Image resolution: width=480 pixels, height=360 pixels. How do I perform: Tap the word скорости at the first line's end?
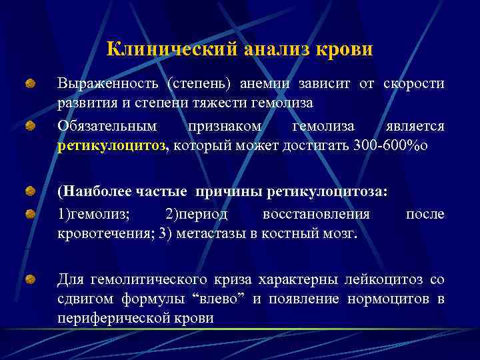[x=414, y=84]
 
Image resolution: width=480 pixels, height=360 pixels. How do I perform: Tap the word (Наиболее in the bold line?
[x=89, y=193]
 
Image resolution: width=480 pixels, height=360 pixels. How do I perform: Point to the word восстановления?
[x=316, y=213]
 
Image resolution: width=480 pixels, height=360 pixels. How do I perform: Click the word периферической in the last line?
[x=110, y=319]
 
